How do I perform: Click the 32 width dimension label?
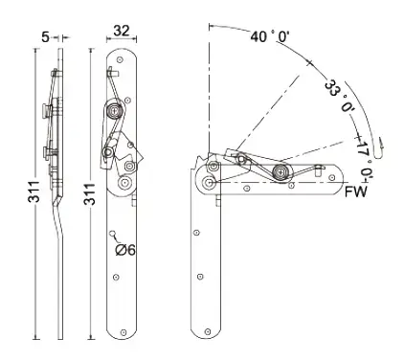pos(122,31)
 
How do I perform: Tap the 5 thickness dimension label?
pos(46,37)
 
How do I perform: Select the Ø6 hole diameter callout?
pos(125,250)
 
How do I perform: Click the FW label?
pos(356,191)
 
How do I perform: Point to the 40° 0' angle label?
pos(270,36)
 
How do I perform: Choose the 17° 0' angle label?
pos(365,159)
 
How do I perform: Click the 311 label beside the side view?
pos(34,191)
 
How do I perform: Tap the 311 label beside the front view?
pos(90,194)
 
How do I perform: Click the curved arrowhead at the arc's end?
pos(380,148)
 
